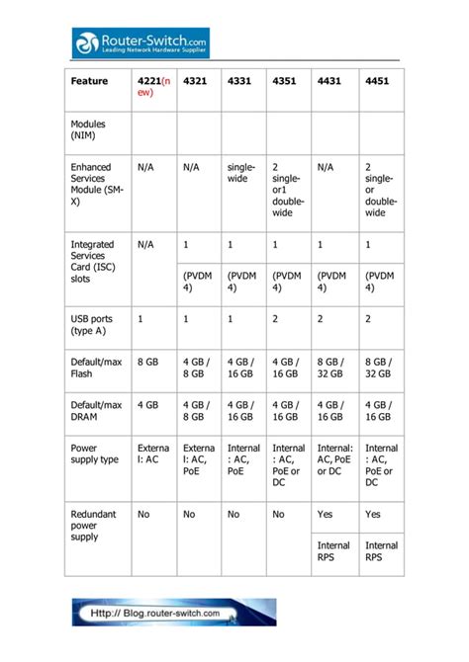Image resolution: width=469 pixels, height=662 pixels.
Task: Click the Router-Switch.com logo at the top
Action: [x=141, y=41]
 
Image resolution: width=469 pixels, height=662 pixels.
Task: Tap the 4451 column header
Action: [x=377, y=81]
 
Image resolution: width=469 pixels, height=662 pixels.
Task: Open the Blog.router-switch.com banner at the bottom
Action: [x=174, y=612]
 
